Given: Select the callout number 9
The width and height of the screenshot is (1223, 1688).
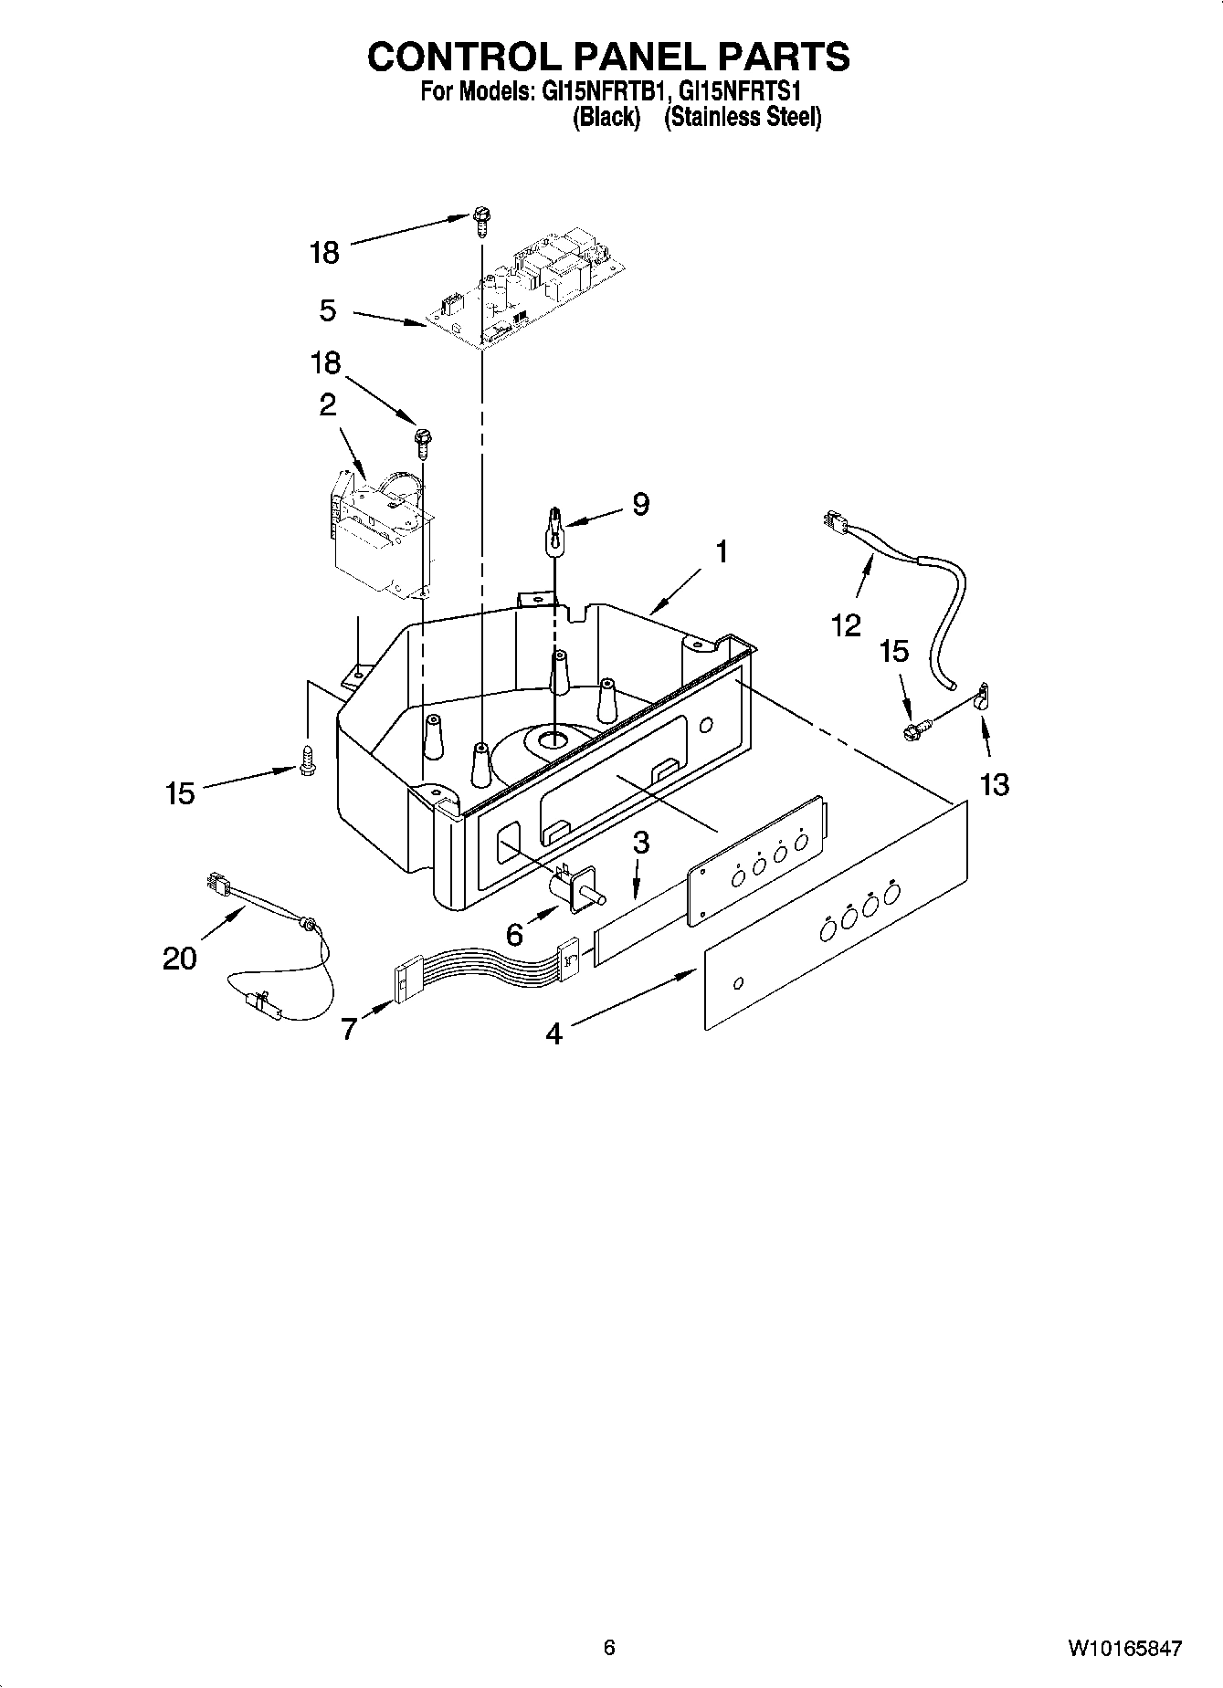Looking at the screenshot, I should (640, 504).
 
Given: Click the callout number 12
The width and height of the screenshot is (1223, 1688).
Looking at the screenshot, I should (846, 625).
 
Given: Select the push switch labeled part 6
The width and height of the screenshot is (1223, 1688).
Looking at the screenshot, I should (574, 886).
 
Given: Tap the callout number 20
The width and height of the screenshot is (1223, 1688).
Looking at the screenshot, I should (180, 959).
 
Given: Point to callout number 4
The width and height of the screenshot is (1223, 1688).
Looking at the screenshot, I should (554, 1033).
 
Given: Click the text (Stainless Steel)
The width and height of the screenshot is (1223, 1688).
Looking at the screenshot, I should (742, 118).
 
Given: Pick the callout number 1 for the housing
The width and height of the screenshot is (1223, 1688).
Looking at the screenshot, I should (722, 552).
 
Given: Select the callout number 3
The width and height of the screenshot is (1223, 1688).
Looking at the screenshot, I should (641, 843).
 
